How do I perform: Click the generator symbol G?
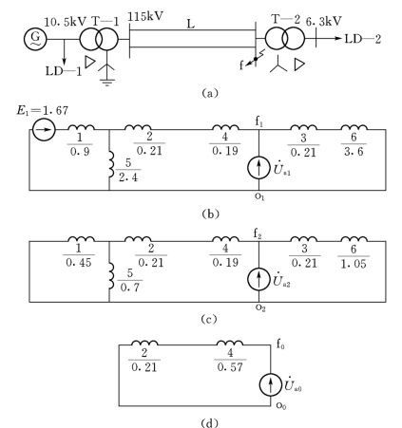point(35,39)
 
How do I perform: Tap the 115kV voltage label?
point(145,16)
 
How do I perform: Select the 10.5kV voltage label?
point(65,22)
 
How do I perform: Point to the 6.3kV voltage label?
point(324,21)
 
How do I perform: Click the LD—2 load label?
point(363,39)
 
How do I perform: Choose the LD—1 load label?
point(64,71)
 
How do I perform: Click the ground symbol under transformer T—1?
point(106,83)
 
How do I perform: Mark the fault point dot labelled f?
point(256,59)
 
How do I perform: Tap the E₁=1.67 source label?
point(43,111)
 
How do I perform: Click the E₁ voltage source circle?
point(44,129)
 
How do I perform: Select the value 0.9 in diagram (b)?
point(80,152)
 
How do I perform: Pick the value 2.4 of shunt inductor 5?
point(128,177)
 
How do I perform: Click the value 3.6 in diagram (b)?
point(354,152)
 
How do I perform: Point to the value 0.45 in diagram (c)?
point(79,262)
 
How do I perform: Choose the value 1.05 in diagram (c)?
point(354,264)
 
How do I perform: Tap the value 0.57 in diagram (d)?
point(230,367)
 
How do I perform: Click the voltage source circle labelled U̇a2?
point(258,279)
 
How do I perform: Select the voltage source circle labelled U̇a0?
point(271,384)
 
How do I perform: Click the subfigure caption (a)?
point(210,93)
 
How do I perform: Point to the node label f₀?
point(280,344)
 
